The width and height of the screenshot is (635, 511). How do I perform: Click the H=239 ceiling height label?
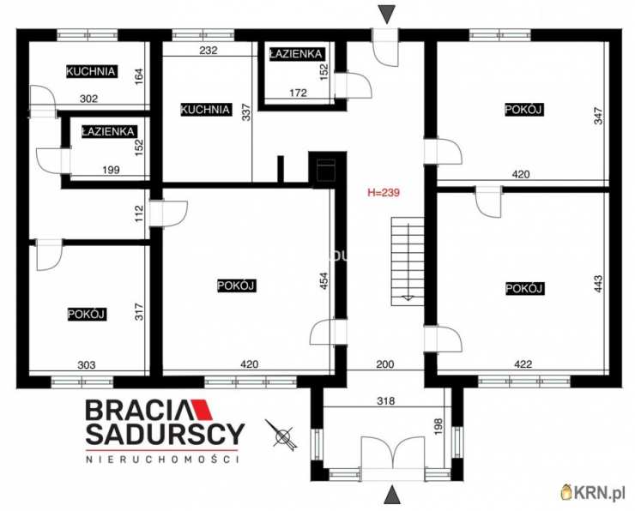(384, 193)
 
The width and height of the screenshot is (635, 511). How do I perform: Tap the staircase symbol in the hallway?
(406, 260)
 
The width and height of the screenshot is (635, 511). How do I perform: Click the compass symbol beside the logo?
(281, 436)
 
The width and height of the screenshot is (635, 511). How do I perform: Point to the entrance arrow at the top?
(389, 13)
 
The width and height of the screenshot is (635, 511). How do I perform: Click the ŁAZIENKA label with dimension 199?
(107, 131)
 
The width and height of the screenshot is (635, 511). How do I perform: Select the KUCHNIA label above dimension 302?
(92, 71)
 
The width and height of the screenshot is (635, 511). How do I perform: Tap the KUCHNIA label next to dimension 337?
(205, 110)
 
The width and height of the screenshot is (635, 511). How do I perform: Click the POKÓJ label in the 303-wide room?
(86, 315)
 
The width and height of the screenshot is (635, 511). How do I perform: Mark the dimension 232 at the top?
(209, 50)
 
